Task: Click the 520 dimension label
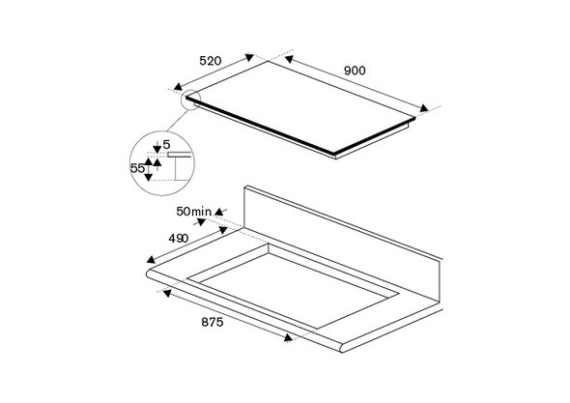click(x=210, y=61)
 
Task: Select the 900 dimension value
click(x=355, y=71)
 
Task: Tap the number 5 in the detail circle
click(x=166, y=145)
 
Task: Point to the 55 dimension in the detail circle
click(x=137, y=168)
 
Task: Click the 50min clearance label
click(x=193, y=212)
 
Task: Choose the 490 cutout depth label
click(x=179, y=239)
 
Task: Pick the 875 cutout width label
click(x=213, y=322)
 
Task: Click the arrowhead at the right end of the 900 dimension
click(x=424, y=108)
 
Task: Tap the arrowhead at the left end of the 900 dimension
click(x=290, y=59)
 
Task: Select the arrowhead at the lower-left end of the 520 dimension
click(x=178, y=87)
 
